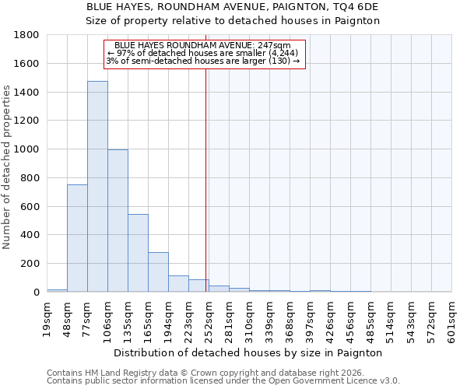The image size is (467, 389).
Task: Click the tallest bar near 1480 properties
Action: click(x=97, y=187)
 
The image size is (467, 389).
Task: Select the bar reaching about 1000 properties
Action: click(x=118, y=221)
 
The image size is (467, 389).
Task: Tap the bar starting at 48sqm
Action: click(x=77, y=238)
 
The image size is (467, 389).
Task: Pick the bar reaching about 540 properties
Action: click(x=138, y=253)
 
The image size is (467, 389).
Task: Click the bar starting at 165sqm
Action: click(x=158, y=272)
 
